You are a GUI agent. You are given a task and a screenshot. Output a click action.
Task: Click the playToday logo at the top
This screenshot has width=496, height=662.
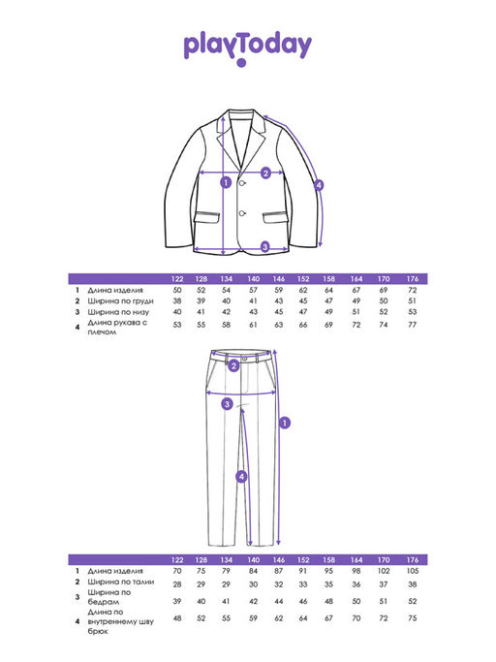click(x=248, y=47)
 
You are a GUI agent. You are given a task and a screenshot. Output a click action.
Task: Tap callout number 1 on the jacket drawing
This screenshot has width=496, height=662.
click(x=227, y=183)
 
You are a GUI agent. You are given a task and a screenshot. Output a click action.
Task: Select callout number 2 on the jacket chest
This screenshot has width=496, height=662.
click(x=265, y=173)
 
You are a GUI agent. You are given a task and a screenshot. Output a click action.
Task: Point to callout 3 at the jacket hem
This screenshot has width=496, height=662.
click(x=265, y=246)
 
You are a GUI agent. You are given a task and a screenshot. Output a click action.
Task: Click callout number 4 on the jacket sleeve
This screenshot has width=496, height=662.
click(x=319, y=185)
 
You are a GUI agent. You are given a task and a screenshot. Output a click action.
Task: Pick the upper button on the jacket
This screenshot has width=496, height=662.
click(x=243, y=183)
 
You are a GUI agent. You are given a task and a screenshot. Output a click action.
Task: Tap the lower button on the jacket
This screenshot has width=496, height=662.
click(x=243, y=213)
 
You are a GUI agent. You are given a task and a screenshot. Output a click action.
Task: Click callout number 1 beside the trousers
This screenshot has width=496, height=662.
click(x=286, y=423)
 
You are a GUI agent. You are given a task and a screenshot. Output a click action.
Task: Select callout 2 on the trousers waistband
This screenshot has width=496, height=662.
click(x=233, y=366)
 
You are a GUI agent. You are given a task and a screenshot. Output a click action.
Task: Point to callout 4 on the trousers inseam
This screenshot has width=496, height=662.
click(x=241, y=477)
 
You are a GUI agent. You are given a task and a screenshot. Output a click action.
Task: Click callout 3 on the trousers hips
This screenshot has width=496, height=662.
click(x=227, y=404)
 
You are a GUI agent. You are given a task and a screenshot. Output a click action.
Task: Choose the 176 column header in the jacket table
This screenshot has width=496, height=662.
click(x=413, y=278)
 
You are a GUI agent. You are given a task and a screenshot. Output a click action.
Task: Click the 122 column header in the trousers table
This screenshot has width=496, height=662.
click(x=177, y=560)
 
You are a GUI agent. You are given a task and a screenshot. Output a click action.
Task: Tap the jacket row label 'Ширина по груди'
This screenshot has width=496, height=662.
click(x=120, y=301)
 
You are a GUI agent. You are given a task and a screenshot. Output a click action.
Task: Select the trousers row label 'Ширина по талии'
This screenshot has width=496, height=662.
click(x=121, y=582)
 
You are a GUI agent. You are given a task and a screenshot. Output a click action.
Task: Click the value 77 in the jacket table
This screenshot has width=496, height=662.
click(x=413, y=325)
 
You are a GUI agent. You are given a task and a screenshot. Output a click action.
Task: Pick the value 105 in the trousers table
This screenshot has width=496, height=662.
click(x=413, y=571)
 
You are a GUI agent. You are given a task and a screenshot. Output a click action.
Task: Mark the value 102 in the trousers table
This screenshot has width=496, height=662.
click(x=384, y=571)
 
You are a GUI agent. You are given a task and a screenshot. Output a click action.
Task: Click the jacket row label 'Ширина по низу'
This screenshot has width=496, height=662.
click(x=118, y=312)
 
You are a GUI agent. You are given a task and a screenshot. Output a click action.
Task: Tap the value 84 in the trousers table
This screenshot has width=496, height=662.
click(x=253, y=571)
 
